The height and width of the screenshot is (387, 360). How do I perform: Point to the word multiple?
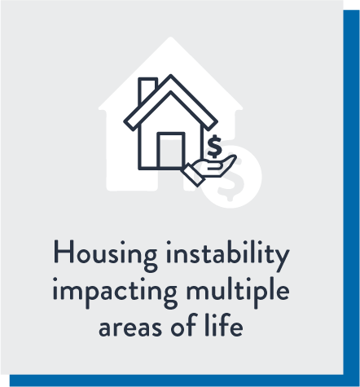click(238, 292)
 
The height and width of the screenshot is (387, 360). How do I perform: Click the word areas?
click(130, 327)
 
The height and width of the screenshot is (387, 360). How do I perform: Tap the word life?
click(224, 324)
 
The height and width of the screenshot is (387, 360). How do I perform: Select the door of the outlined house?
click(171, 150)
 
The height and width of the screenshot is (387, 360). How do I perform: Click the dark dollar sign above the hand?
click(214, 147)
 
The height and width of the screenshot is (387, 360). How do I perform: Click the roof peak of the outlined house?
click(170, 75)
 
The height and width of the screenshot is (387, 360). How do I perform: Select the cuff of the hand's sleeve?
click(193, 175)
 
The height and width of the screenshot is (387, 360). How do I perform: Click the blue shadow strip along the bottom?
click(185, 380)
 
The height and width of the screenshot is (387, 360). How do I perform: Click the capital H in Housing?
click(64, 252)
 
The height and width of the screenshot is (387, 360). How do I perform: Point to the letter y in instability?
click(281, 260)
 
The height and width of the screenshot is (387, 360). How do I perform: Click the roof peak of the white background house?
click(170, 38)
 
